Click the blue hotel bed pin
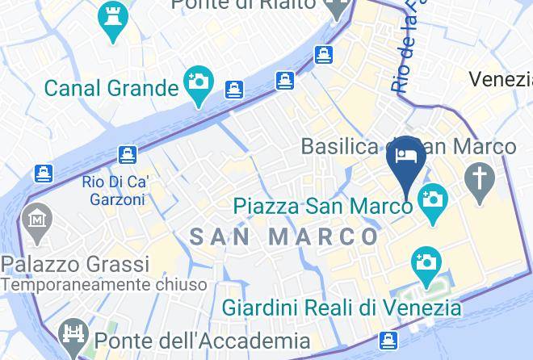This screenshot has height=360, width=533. coord(405,156)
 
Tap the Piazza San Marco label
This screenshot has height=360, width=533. coord(322,205)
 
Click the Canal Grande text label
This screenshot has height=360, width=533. coord(111,86)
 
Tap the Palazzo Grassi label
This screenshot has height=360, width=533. coord(75,264)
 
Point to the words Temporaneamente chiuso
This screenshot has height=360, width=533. coord(103,285)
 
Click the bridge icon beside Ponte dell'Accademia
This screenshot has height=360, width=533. coord(73,336)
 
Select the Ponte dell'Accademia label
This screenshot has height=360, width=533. coord(201,341)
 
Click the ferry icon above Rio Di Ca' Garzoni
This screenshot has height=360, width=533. coord(126,153)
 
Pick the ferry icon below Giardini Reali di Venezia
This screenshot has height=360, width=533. coord(389,340)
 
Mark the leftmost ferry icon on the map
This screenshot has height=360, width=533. coord(44,173)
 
